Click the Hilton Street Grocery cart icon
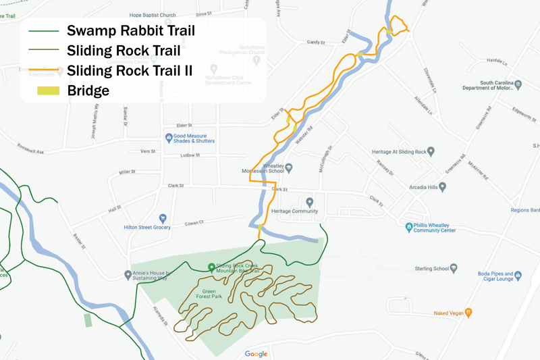[163, 218]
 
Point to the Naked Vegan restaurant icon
[468, 313]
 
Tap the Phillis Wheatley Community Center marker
[408, 226]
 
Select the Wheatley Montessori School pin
[288, 166]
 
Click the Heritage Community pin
[310, 201]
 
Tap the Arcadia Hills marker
[443, 186]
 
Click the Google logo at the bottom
[256, 354]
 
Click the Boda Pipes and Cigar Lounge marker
[518, 275]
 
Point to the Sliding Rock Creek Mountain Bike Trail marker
[211, 267]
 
